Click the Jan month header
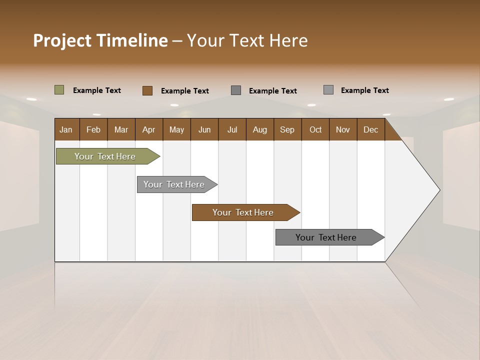coord(66,129)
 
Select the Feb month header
coord(93,129)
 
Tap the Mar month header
coord(121,129)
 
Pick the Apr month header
coord(148,129)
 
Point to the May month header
coord(176,129)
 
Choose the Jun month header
coord(204,129)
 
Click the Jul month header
coord(232,129)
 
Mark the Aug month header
coord(259,129)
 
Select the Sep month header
coord(287,129)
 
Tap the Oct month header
coord(315,129)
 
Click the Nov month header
coord(343,129)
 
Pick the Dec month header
coord(370,129)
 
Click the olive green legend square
coord(59,90)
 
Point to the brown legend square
coord(147,90)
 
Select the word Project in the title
coord(62,40)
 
